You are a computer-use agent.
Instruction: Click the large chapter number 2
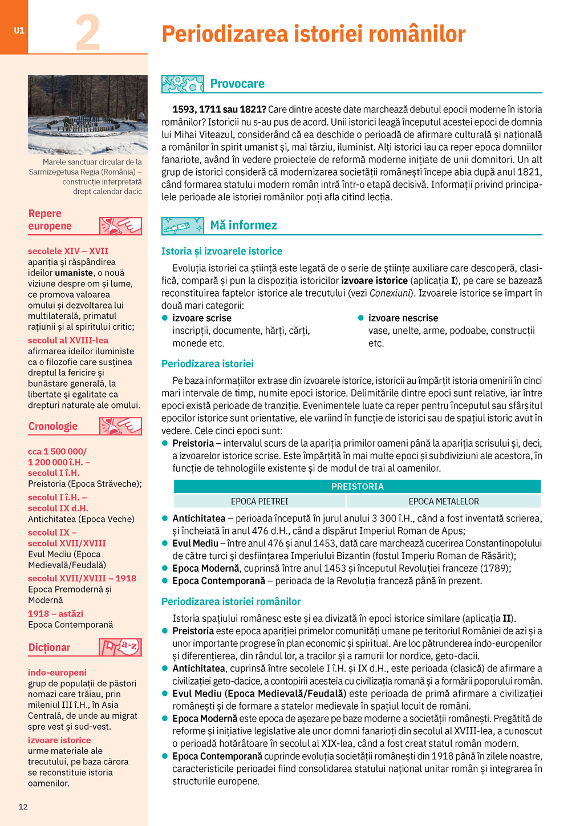[x=88, y=33]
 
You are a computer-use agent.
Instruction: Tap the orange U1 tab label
[x=19, y=31]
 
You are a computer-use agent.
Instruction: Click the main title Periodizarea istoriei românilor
[x=313, y=34]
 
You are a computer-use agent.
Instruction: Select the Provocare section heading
[x=237, y=84]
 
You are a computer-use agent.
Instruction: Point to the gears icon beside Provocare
[x=182, y=84]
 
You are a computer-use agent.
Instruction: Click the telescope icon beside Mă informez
[x=182, y=226]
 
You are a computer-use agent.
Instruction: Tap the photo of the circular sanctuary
[x=88, y=114]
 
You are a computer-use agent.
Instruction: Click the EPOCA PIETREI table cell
[x=259, y=501]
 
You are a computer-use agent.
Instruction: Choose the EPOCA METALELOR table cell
[x=444, y=501]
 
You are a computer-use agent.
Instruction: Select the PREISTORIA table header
[x=357, y=487]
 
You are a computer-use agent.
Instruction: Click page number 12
[x=23, y=807]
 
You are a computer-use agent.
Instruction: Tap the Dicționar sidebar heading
[x=50, y=647]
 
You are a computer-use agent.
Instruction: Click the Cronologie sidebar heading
[x=53, y=426]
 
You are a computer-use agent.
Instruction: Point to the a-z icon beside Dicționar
[x=120, y=647]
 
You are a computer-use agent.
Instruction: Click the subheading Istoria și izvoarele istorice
[x=222, y=251]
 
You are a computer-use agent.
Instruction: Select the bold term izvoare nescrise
[x=403, y=318]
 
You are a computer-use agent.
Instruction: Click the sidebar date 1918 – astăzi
[x=55, y=614]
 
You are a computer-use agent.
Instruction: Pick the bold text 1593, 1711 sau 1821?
[x=219, y=110]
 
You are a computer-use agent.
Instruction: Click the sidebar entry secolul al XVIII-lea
[x=68, y=340]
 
